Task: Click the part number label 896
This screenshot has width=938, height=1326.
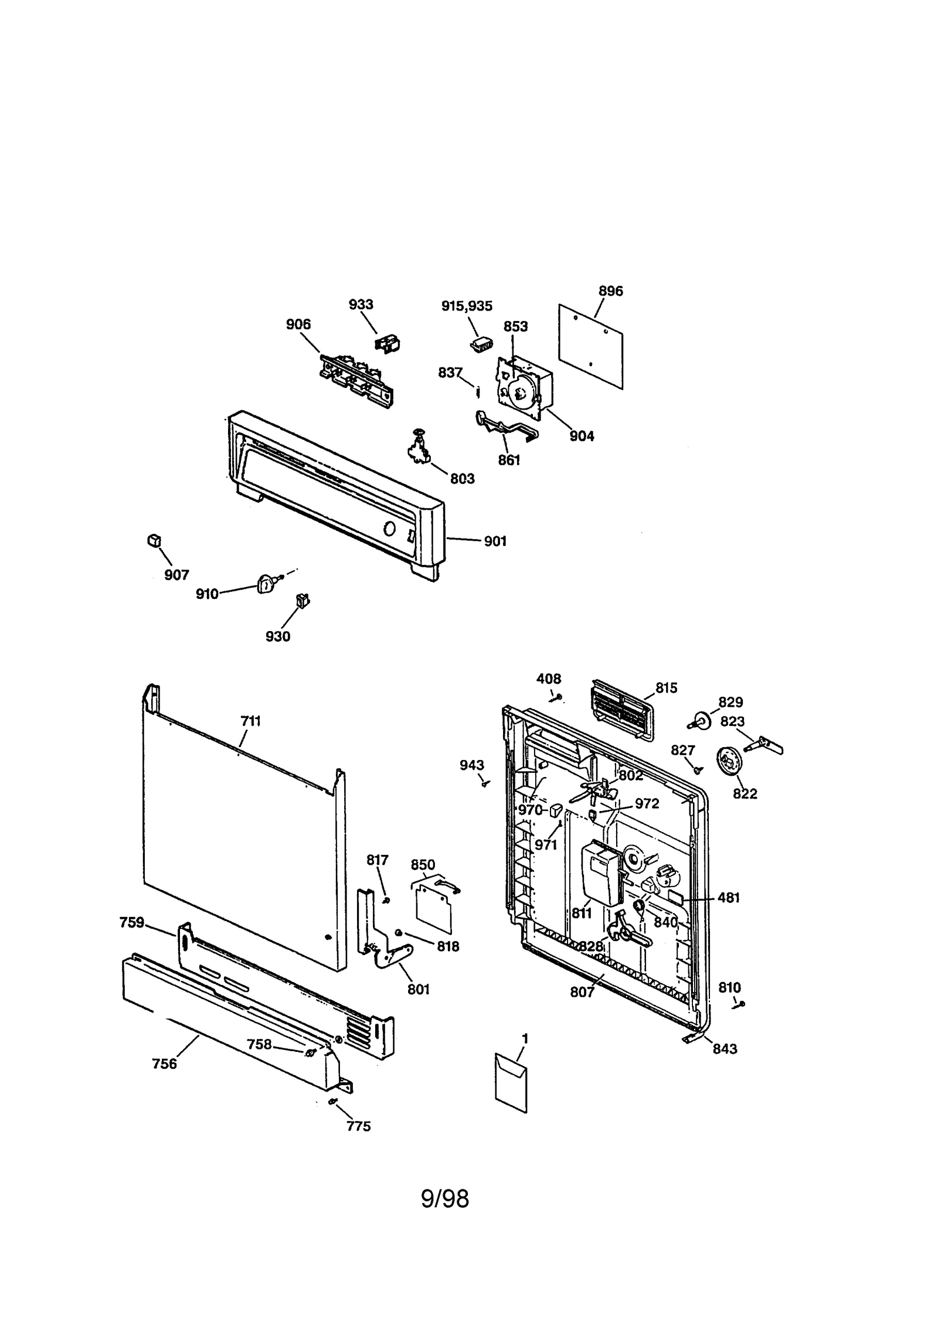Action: pos(610,291)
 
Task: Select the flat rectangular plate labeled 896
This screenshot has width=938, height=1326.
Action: pos(590,346)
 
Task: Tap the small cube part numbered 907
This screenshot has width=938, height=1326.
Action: pos(154,540)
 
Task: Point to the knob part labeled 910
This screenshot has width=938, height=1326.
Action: pos(266,584)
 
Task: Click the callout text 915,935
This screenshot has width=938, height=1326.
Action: pos(467,306)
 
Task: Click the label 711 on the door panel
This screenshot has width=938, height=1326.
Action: pos(250,721)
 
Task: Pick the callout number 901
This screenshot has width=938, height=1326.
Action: pos(495,541)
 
